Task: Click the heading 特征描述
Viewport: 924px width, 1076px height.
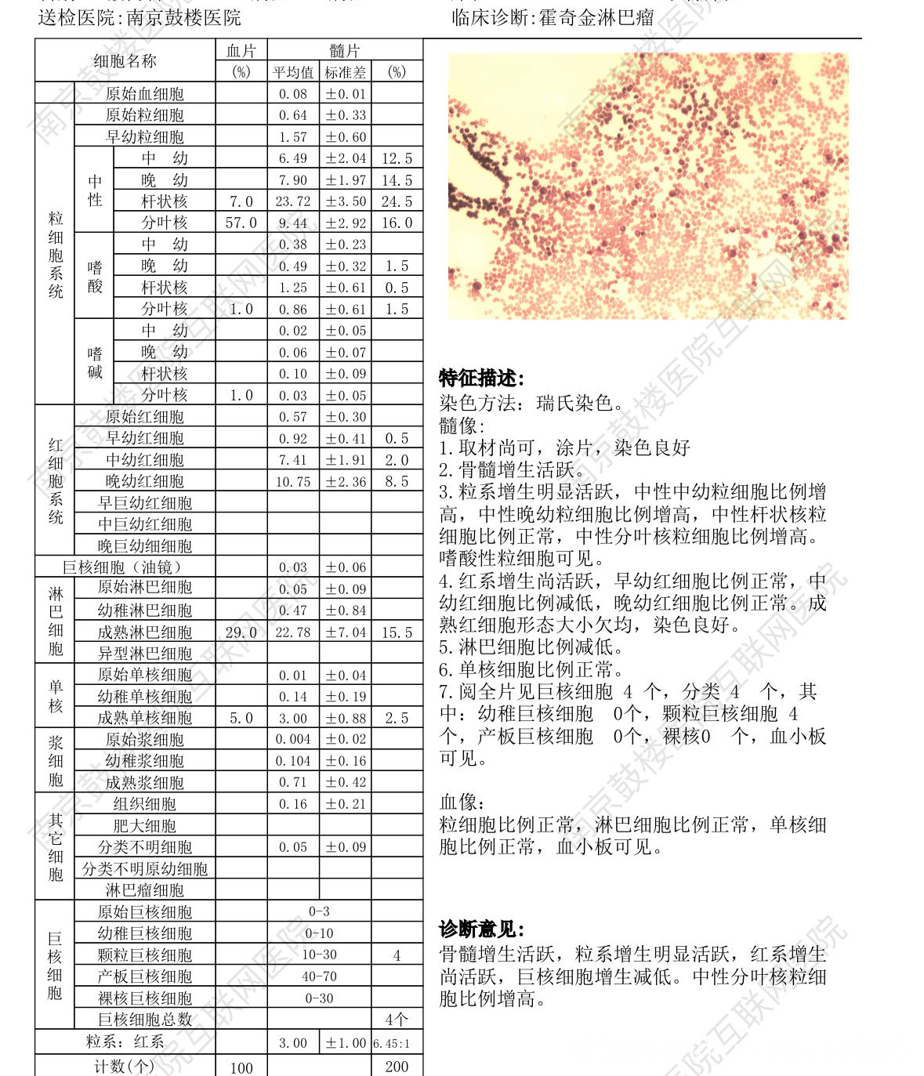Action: pos(481,379)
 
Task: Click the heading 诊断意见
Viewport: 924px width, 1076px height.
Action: pos(481,929)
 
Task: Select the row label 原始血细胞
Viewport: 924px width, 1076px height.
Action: pos(144,94)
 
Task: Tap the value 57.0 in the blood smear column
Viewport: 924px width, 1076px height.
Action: pos(241,223)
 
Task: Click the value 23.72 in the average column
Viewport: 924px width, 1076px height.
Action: pos(293,201)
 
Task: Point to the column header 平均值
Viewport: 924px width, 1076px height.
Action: pos(293,72)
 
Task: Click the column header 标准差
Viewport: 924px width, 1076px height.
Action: pos(345,72)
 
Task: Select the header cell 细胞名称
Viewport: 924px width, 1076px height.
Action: pos(125,61)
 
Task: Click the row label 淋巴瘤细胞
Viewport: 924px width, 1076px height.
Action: pos(144,890)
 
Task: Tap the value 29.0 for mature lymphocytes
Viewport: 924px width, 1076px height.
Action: pos(241,632)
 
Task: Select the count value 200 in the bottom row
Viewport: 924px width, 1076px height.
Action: pos(397,1066)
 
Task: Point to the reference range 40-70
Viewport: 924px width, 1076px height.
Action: pos(319,976)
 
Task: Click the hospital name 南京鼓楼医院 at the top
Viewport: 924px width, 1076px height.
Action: pos(183,17)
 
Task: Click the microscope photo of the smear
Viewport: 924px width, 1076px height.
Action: pos(647,186)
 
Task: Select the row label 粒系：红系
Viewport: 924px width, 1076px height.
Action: pos(125,1042)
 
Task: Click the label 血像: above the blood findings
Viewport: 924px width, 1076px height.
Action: pos(462,802)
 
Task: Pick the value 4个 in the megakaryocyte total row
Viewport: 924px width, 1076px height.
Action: pos(397,1020)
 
